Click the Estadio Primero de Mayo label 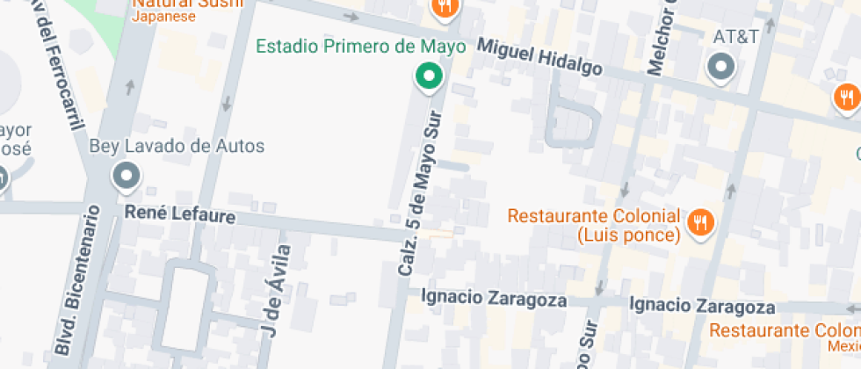pyautogui.click(x=360, y=46)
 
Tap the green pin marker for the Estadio pyautogui.click(x=429, y=76)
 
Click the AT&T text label pyautogui.click(x=735, y=38)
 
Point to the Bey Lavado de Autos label pyautogui.click(x=177, y=146)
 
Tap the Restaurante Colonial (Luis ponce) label pyautogui.click(x=594, y=225)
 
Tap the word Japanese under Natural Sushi pyautogui.click(x=164, y=16)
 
